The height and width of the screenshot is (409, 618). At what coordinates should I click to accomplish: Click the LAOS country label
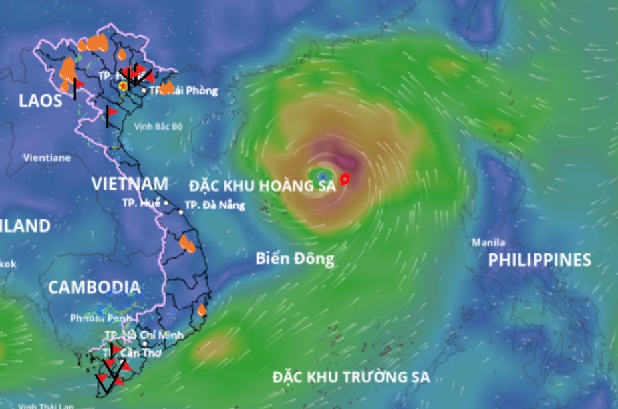click(x=41, y=101)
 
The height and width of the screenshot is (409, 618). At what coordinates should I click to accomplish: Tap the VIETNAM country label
click(x=130, y=184)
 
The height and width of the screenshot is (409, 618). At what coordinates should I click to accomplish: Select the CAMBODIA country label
click(x=94, y=287)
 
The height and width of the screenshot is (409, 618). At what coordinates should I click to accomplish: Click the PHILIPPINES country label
click(x=540, y=260)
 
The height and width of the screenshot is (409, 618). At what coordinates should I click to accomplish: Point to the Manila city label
click(x=488, y=243)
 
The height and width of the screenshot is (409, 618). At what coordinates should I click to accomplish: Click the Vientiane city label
click(x=47, y=158)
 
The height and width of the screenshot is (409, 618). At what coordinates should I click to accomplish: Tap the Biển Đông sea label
click(x=295, y=259)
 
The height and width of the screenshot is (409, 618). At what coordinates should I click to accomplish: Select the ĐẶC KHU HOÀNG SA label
click(x=262, y=186)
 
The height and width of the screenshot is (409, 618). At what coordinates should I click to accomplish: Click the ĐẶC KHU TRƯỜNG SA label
click(x=351, y=378)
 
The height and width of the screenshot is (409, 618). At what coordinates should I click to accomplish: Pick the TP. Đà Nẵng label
click(x=215, y=205)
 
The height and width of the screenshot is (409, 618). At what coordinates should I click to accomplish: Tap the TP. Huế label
click(x=141, y=203)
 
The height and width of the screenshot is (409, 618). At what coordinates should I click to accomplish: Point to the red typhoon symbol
click(x=345, y=178)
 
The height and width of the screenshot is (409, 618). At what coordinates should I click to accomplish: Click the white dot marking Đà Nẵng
click(x=180, y=212)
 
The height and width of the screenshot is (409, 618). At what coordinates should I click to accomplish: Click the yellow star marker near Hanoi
click(x=122, y=85)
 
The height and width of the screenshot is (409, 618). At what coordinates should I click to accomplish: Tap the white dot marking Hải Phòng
click(x=144, y=90)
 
